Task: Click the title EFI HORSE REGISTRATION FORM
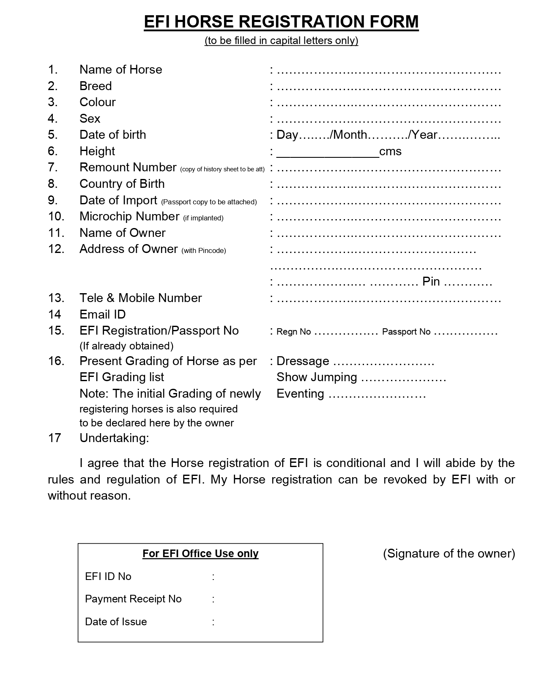pyautogui.click(x=281, y=22)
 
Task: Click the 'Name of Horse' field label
pyautogui.click(x=120, y=69)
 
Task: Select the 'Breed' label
pyautogui.click(x=96, y=86)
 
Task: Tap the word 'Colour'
pyautogui.click(x=97, y=102)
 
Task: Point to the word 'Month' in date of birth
pyautogui.click(x=350, y=135)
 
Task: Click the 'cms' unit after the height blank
pyautogui.click(x=390, y=151)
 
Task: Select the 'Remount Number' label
pyautogui.click(x=128, y=168)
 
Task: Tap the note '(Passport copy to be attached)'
pyautogui.click(x=209, y=202)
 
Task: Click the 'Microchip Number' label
pyautogui.click(x=129, y=216)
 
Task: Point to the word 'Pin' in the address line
pyautogui.click(x=431, y=282)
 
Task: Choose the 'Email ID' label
pyautogui.click(x=102, y=314)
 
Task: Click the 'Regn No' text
pyautogui.click(x=293, y=332)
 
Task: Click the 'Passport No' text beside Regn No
pyautogui.click(x=406, y=332)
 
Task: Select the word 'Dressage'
pyautogui.click(x=303, y=361)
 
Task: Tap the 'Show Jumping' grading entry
pyautogui.click(x=317, y=377)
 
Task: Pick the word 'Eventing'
pyautogui.click(x=300, y=393)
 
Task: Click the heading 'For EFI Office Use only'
pyautogui.click(x=200, y=553)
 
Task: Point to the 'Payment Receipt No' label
pyautogui.click(x=133, y=599)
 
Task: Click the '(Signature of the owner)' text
pyautogui.click(x=449, y=553)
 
